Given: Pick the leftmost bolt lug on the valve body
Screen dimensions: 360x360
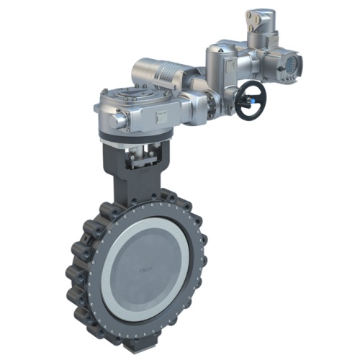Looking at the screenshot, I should point(73,274).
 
